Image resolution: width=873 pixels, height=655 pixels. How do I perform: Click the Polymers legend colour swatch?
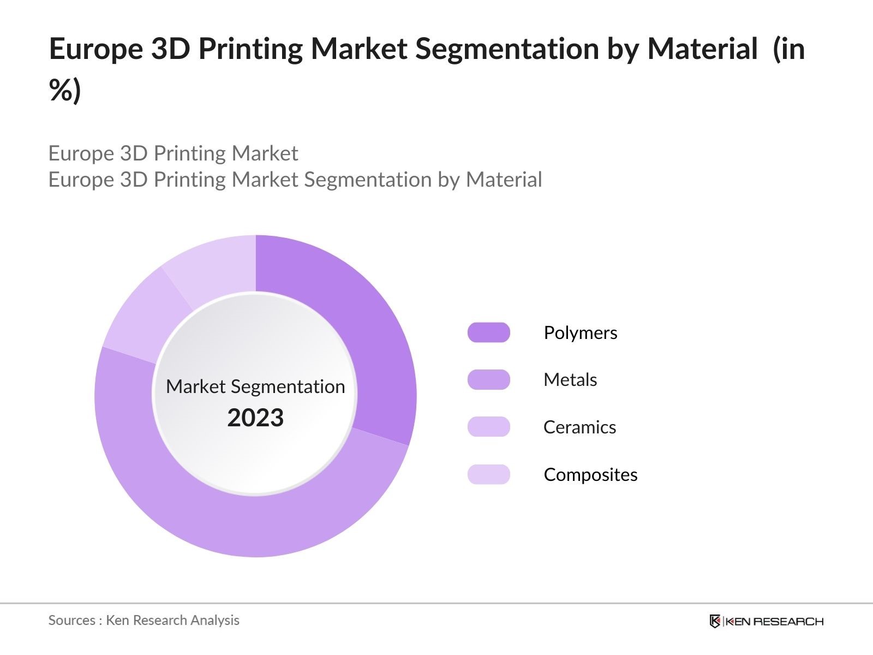[x=488, y=332]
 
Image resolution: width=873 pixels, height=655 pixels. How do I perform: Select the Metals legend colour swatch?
[x=488, y=379]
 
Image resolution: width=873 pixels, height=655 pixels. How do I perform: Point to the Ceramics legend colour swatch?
[x=488, y=427]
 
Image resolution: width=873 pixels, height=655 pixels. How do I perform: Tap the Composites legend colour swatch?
[x=488, y=474]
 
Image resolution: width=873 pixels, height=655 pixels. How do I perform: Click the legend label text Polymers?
[x=580, y=332]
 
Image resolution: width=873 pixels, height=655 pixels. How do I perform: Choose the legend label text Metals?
[x=570, y=379]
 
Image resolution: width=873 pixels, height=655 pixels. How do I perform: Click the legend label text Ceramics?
[x=579, y=427]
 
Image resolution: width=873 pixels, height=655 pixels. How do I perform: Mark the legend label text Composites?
[x=590, y=474]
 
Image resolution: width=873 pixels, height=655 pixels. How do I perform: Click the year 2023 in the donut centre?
[x=255, y=418]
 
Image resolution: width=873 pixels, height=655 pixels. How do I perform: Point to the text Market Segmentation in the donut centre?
[x=255, y=386]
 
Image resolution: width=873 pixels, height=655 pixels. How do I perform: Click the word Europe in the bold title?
[x=95, y=49]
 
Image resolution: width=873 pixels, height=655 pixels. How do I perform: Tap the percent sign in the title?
[x=60, y=90]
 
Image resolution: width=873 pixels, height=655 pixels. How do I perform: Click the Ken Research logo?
[x=766, y=621]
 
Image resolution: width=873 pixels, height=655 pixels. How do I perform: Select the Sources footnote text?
[x=143, y=620]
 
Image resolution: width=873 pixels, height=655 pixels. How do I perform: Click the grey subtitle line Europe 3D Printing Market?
[x=173, y=153]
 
